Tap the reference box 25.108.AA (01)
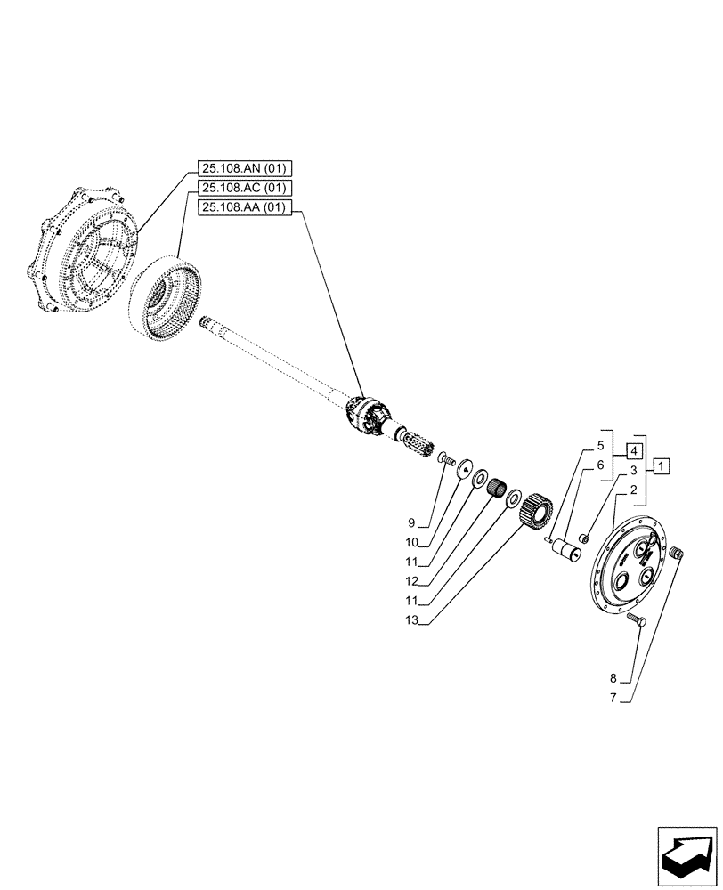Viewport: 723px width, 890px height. coord(246,207)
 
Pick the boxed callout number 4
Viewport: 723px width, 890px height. coord(633,449)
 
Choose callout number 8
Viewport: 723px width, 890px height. coord(613,679)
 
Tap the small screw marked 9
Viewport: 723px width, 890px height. coord(447,459)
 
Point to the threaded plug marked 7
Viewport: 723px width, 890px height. coord(676,554)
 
